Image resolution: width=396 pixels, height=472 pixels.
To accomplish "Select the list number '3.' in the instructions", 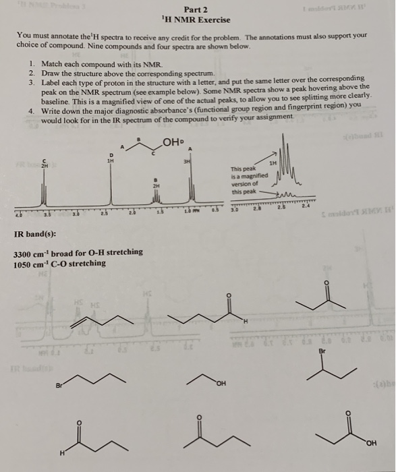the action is pos(32,80).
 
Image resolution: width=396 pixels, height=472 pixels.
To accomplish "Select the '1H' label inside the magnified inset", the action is pos(273,163).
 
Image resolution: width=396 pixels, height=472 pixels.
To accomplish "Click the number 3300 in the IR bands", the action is pos(23,252).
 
